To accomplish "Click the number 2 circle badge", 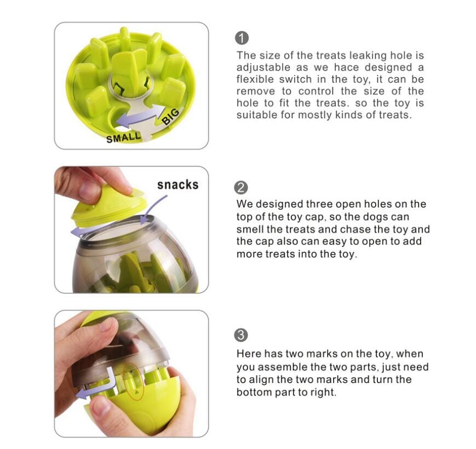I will pos(241,187).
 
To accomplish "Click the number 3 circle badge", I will pos(241,335).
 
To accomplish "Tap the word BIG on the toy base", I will pos(170,116).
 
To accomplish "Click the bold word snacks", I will pos(177,185).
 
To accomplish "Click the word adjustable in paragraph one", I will pos(261,67).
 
